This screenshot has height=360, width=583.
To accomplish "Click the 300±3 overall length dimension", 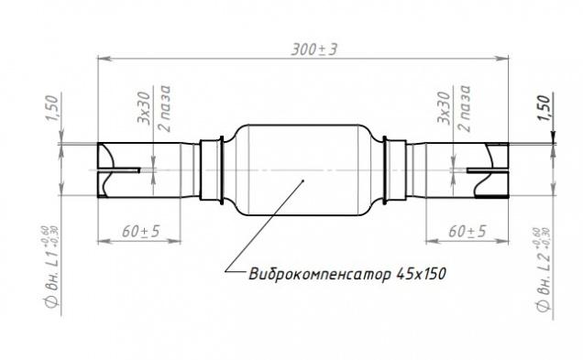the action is point(314,49).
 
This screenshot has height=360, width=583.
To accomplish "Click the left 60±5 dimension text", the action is point(141,232).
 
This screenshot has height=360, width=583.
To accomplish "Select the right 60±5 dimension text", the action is point(467,232).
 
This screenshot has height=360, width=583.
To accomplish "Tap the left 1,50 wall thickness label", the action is point(52,108).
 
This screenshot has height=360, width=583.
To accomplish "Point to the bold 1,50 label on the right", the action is point(544,108).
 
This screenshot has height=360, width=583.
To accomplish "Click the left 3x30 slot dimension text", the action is point(144,108).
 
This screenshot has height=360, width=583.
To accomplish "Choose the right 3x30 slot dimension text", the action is point(444,108).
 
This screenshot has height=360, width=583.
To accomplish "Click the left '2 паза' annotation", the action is point(163,108).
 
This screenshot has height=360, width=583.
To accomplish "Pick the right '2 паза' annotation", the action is point(464,108).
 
